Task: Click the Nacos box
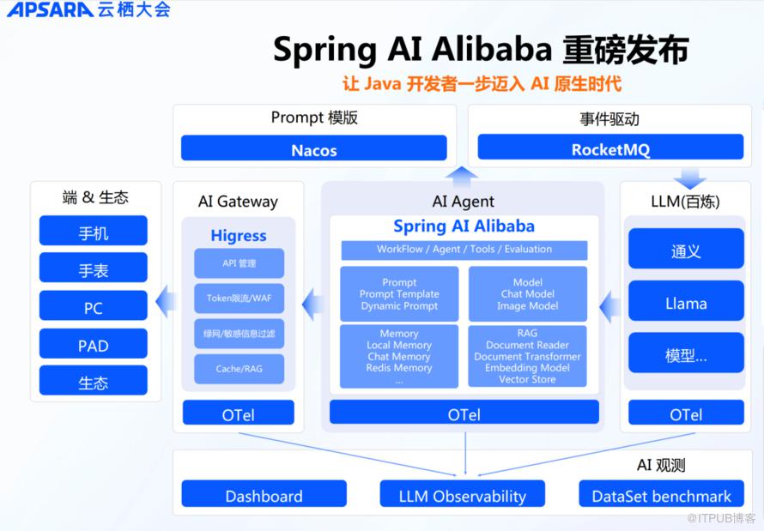click(x=314, y=148)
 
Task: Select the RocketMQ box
click(x=610, y=147)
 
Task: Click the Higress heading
click(x=239, y=236)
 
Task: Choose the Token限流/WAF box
click(x=239, y=299)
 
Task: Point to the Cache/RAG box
click(x=239, y=369)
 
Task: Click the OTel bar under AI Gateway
click(x=239, y=413)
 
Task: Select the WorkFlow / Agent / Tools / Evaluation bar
click(x=464, y=250)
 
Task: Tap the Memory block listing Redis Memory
click(x=399, y=356)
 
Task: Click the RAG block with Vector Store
click(x=528, y=356)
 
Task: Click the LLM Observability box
click(x=463, y=494)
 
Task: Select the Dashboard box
click(x=264, y=494)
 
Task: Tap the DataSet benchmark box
click(x=661, y=494)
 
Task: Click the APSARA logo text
click(x=50, y=9)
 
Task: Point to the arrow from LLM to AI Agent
click(x=610, y=307)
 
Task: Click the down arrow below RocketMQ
click(x=690, y=178)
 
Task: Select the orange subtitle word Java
click(x=383, y=84)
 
